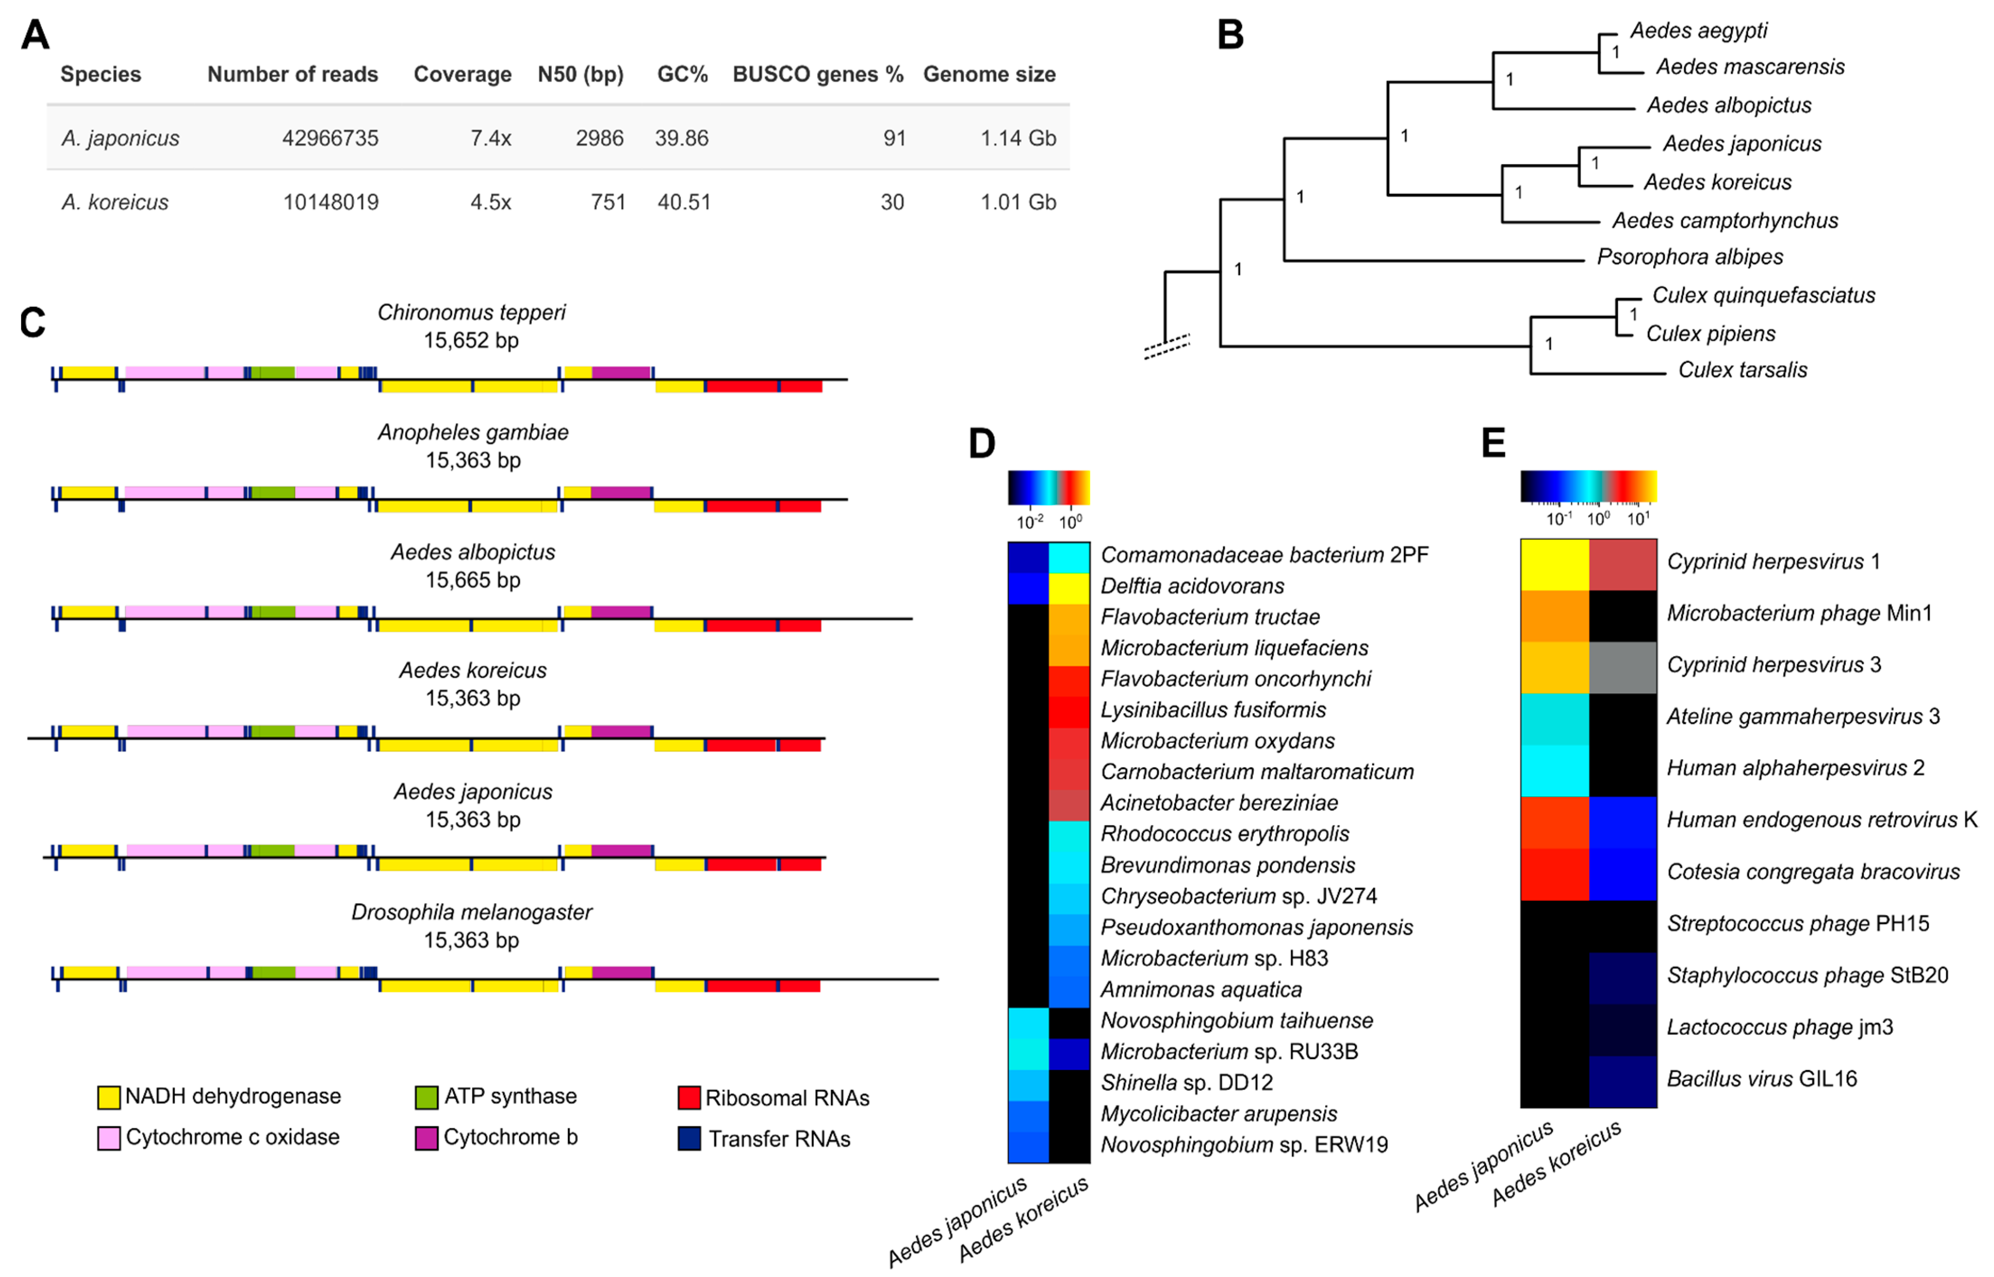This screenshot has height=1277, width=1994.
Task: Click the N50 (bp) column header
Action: click(580, 75)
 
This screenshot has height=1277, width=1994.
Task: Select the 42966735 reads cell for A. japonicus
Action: click(330, 138)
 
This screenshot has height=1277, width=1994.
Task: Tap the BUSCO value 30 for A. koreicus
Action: click(892, 202)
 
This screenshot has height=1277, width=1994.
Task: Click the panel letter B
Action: click(1230, 35)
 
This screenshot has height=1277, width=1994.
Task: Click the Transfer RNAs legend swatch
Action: click(689, 1139)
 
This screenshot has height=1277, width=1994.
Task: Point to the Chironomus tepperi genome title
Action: click(471, 313)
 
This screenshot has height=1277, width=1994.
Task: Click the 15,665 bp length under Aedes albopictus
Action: click(473, 581)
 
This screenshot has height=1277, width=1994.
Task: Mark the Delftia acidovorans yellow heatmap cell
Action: click(1069, 589)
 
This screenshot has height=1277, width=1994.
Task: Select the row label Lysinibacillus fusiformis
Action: click(1213, 710)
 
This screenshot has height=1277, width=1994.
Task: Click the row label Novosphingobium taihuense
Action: click(1236, 1021)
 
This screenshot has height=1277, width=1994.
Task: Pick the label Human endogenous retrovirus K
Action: click(1821, 820)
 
